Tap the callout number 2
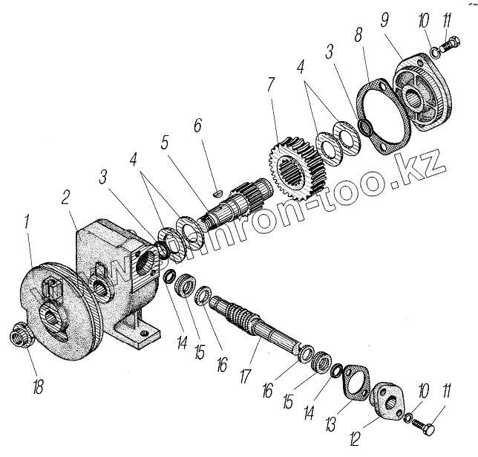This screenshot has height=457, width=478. tap(66, 196)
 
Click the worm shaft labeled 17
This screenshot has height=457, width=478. tap(252, 320)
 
